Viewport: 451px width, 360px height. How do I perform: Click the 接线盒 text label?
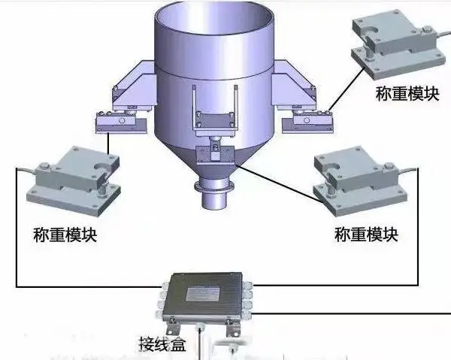163,343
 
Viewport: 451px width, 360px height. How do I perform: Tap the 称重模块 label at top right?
407,93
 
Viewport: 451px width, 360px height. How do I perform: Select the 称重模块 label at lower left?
65,234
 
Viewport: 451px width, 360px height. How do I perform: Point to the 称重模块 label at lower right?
367,234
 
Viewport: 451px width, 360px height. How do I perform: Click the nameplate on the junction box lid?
204,294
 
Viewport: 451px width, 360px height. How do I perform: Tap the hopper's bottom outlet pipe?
215,199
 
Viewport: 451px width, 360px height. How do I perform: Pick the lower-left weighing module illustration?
74,181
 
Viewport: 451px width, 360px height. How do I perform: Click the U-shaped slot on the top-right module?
371,29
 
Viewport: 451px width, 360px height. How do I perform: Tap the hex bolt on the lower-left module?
44,166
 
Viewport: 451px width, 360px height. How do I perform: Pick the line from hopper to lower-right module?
280,185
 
